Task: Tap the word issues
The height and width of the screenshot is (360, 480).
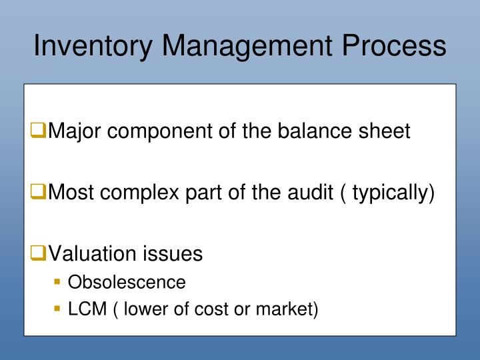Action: coord(174,254)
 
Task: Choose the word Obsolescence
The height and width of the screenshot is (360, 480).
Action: coord(127,283)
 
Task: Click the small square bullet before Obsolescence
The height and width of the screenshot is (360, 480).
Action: coord(57,283)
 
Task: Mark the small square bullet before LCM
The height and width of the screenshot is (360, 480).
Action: coord(57,310)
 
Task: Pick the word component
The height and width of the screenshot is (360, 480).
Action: coord(163,131)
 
